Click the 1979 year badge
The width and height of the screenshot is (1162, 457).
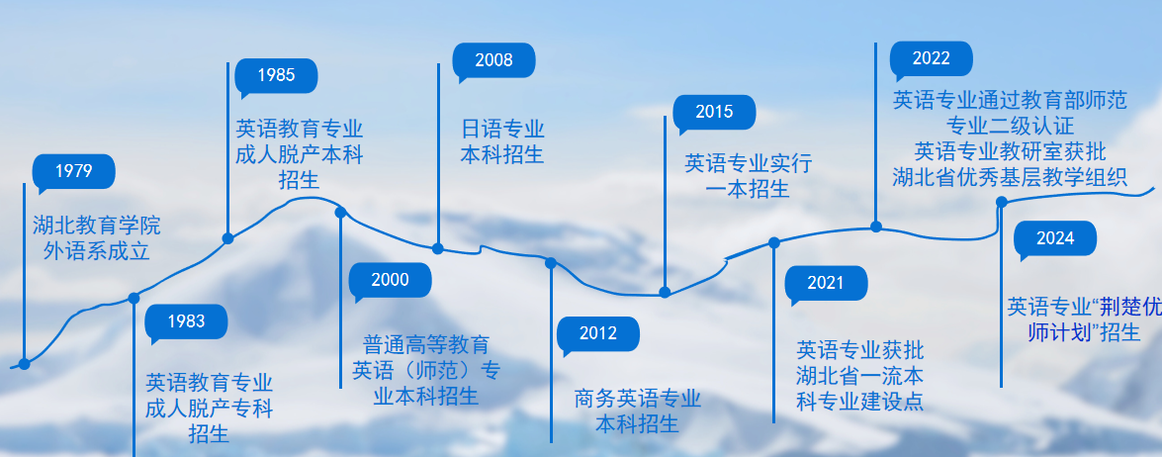pyautogui.click(x=74, y=172)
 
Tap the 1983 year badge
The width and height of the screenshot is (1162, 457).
pyautogui.click(x=187, y=320)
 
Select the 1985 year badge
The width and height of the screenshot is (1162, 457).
pyautogui.click(x=276, y=75)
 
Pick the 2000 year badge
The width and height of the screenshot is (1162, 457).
pyautogui.click(x=391, y=280)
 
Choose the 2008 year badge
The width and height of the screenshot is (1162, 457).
pyautogui.click(x=493, y=60)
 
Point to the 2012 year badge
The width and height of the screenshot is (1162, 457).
pyautogui.click(x=598, y=333)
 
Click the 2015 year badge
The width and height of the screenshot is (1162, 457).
pyautogui.click(x=714, y=112)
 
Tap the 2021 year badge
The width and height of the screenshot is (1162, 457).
pyautogui.click(x=826, y=284)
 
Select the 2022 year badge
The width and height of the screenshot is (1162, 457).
pyautogui.click(x=932, y=58)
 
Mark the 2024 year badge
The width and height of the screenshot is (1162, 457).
pyautogui.click(x=1055, y=238)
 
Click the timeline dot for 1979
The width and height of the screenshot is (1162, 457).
pyautogui.click(x=24, y=364)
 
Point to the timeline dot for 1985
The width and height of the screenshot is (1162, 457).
pyautogui.click(x=227, y=238)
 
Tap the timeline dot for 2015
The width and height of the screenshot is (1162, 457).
pyautogui.click(x=665, y=292)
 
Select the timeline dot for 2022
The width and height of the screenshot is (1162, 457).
pyautogui.click(x=875, y=227)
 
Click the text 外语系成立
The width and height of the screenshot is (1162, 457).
pyautogui.click(x=96, y=251)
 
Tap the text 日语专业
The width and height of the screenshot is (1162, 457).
pyautogui.click(x=502, y=130)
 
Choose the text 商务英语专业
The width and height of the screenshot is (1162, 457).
pyautogui.click(x=637, y=400)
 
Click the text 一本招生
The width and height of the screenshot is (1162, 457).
pyautogui.click(x=748, y=189)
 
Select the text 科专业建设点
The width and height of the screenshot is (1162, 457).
pyautogui.click(x=860, y=401)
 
